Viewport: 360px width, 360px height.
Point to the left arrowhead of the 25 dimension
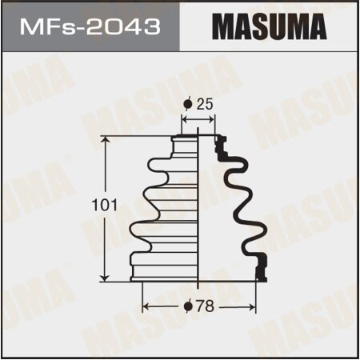pyautogui.click(x=186, y=120)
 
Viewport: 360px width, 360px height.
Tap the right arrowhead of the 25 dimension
pyautogui.click(x=212, y=120)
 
